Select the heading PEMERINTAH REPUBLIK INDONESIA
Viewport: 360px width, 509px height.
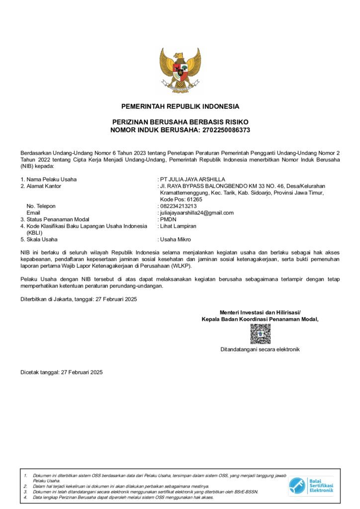180,106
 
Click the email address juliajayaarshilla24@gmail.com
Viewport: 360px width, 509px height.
197,213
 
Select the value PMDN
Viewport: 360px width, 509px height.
168,219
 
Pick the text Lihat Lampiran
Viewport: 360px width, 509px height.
178,226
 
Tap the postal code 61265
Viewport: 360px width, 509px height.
190,199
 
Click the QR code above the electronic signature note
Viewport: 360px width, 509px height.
260,334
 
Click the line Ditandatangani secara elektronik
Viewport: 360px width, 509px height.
260,349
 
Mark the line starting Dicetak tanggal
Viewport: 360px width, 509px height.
62,372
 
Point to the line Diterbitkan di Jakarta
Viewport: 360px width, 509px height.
79,299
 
